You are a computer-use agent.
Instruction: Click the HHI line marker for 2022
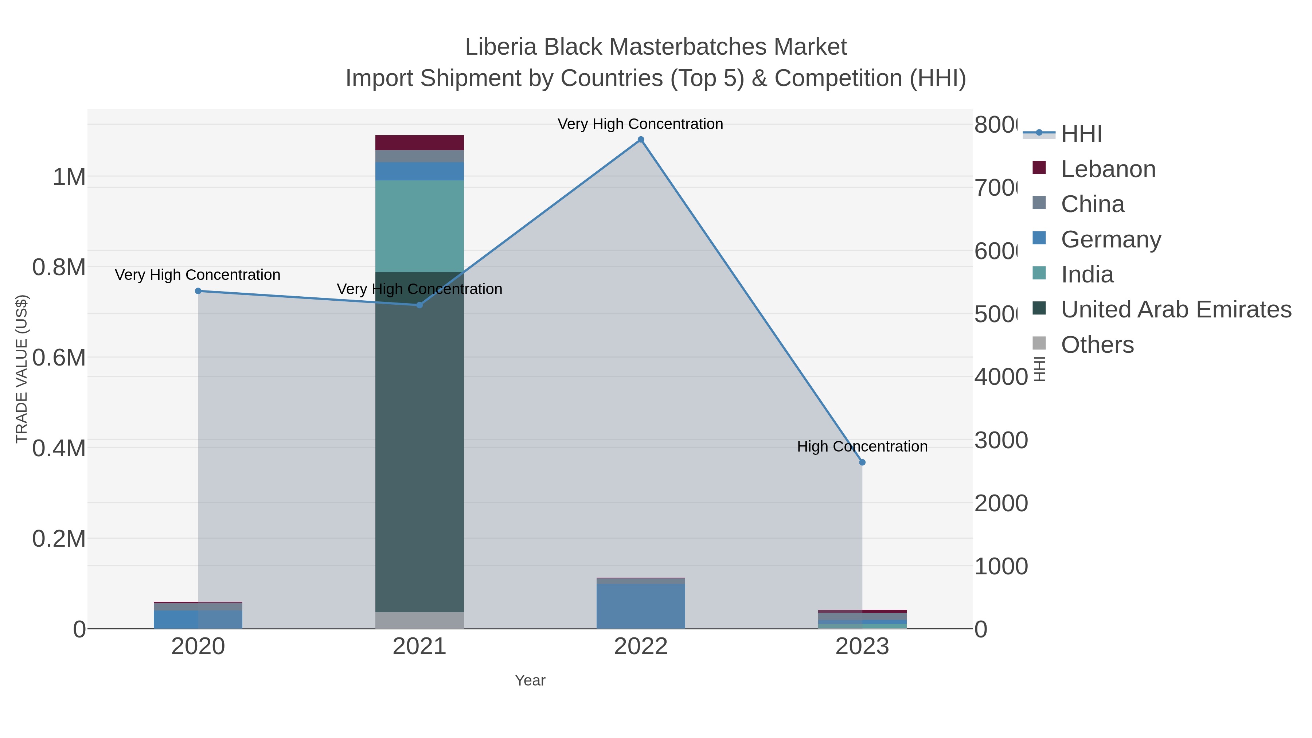[641, 140]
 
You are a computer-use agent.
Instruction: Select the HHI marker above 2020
[198, 291]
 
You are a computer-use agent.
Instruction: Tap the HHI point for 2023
[862, 462]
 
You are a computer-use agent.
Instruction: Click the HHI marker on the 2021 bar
[420, 305]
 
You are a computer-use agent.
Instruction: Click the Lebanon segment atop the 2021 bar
[420, 142]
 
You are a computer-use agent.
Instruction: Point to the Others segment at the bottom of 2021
[420, 620]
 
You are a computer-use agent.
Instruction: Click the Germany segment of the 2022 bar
[641, 606]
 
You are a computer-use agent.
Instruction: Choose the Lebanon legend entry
[1108, 169]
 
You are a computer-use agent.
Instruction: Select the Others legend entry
[1097, 345]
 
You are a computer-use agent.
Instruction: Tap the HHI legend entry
[1081, 134]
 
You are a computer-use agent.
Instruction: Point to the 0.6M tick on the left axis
[59, 358]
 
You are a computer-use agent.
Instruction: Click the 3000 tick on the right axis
[1001, 441]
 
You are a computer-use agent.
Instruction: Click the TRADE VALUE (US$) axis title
[22, 369]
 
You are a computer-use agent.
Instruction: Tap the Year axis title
[530, 680]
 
